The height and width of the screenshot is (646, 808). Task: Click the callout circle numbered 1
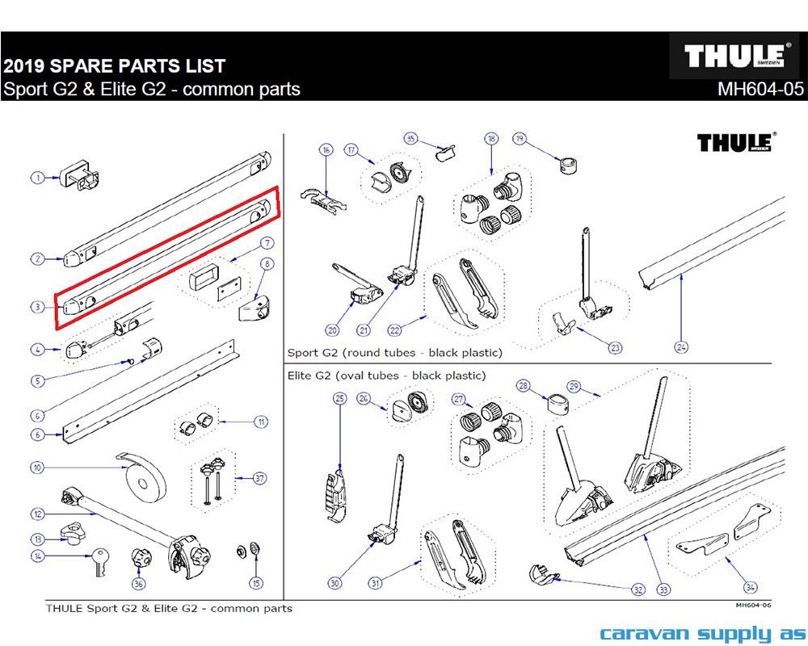pyautogui.click(x=37, y=178)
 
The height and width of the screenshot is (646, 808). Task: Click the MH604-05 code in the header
pyautogui.click(x=760, y=89)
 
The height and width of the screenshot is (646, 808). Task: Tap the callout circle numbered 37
pyautogui.click(x=259, y=478)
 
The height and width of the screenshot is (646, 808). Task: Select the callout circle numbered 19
pyautogui.click(x=520, y=139)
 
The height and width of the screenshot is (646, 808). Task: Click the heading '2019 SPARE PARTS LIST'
pyautogui.click(x=114, y=66)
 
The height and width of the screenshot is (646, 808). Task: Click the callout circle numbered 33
pyautogui.click(x=664, y=589)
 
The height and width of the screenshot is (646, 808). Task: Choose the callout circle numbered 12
pyautogui.click(x=37, y=514)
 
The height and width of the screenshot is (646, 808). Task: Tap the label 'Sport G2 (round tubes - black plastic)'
pyautogui.click(x=394, y=353)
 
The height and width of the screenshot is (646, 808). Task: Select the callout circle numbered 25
pyautogui.click(x=339, y=397)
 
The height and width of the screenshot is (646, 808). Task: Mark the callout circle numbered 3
pyautogui.click(x=37, y=307)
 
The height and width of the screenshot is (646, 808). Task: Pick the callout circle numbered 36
pyautogui.click(x=138, y=584)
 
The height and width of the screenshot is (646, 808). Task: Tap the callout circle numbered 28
pyautogui.click(x=523, y=386)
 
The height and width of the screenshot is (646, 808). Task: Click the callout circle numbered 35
pyautogui.click(x=410, y=138)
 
